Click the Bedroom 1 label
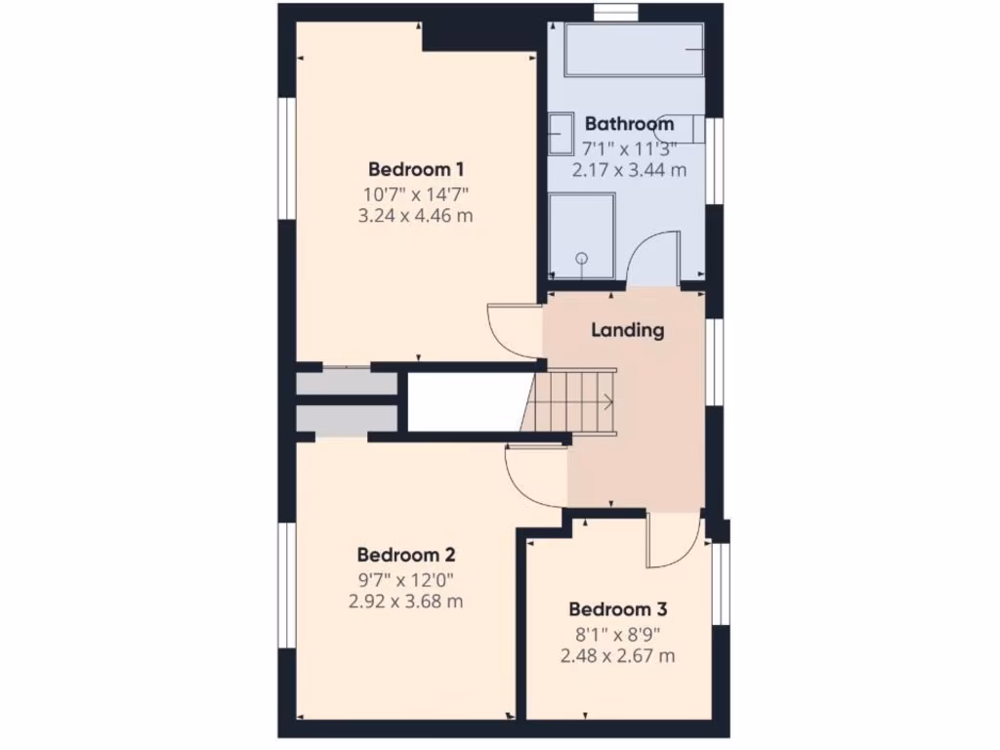click(415, 169)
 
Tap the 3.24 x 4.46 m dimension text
click(415, 215)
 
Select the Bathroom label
click(629, 124)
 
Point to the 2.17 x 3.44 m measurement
click(629, 169)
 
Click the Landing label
click(627, 330)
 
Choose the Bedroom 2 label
click(404, 554)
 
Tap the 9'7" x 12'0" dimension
click(405, 578)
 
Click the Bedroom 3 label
click(617, 609)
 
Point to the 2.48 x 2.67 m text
click(617, 655)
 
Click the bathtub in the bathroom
click(634, 51)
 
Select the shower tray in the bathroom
click(582, 235)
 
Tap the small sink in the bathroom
click(561, 134)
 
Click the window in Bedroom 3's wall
click(721, 583)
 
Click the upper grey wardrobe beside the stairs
click(347, 383)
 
